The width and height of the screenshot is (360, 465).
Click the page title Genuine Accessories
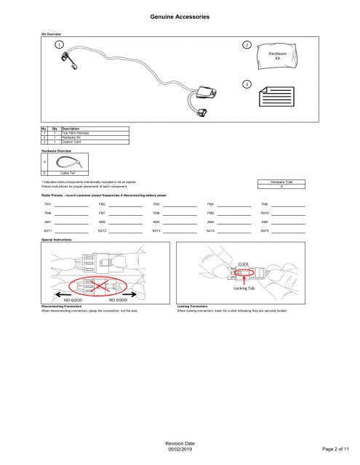tap(180, 16)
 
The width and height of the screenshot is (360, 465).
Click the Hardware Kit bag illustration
tap(277, 55)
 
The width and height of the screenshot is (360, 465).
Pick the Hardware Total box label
tap(281, 182)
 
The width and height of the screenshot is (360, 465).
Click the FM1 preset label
tap(48, 205)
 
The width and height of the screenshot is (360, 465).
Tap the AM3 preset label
tap(156, 221)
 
